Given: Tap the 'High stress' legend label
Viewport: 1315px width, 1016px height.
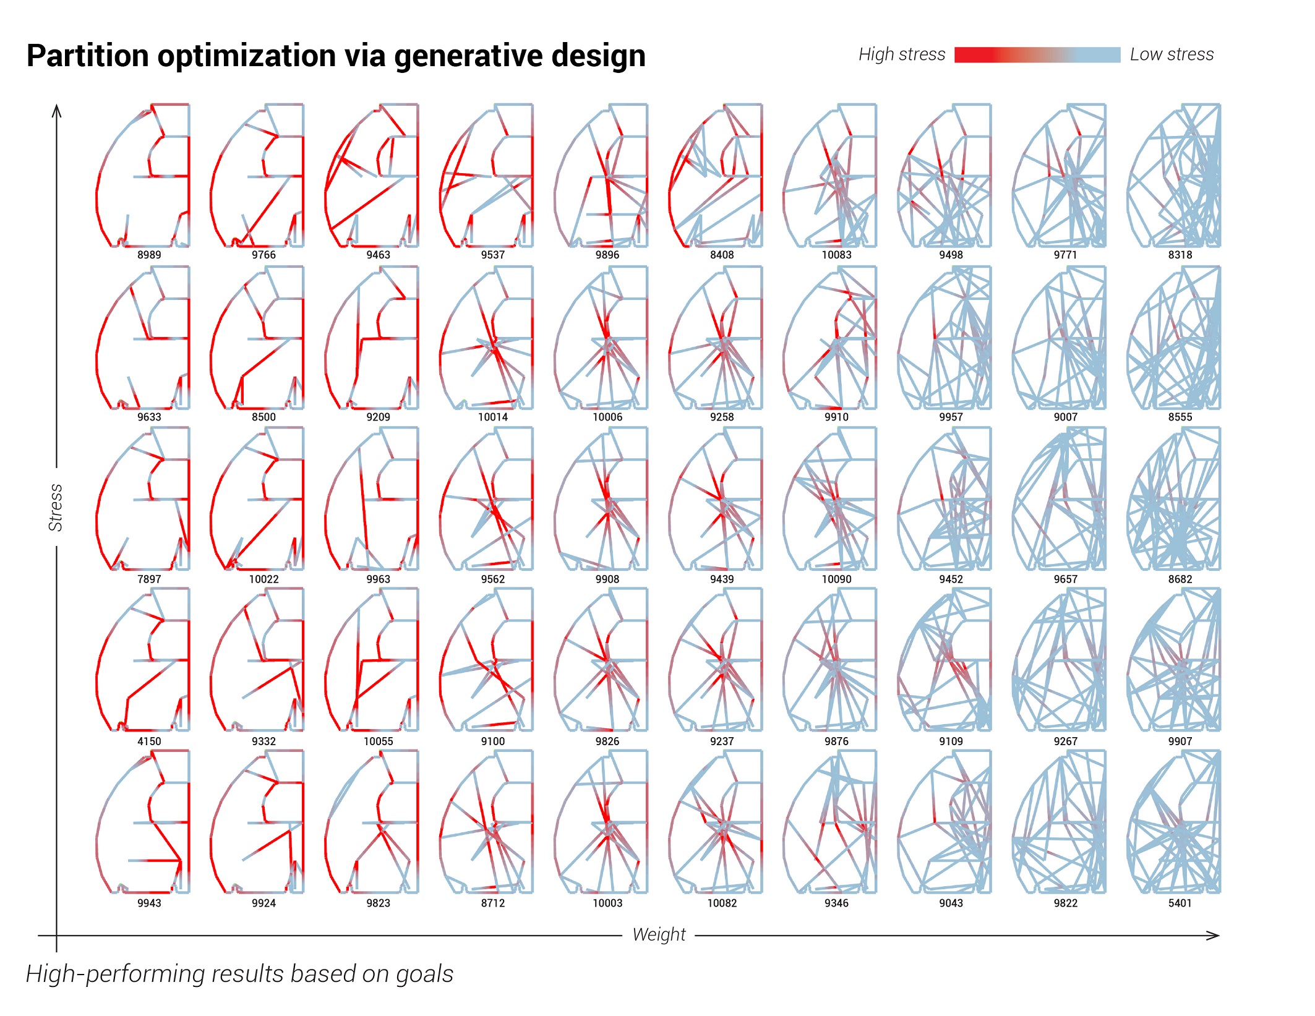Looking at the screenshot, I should click(x=901, y=54).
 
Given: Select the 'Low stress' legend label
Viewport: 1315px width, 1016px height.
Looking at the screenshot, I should click(x=1171, y=54).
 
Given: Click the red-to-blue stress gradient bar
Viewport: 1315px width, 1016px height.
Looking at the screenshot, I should click(x=1037, y=54).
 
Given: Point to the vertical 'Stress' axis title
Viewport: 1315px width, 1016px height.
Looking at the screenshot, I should click(x=56, y=507).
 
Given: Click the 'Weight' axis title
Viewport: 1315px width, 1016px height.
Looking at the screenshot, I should click(x=658, y=934).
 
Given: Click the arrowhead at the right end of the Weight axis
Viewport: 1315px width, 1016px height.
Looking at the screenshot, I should click(x=1214, y=936).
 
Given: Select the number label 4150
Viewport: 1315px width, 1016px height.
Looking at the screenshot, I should click(x=149, y=741).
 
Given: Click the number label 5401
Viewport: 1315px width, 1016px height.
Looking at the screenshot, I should click(x=1180, y=903).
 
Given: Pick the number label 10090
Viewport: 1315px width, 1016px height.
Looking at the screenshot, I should click(x=836, y=579).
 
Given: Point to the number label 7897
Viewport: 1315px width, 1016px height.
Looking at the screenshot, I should click(x=149, y=579).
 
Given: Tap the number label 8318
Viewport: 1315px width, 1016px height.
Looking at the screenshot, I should click(x=1180, y=254).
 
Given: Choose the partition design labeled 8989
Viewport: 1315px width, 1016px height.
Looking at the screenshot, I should click(x=143, y=176).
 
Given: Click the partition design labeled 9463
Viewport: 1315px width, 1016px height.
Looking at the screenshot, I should click(x=372, y=176).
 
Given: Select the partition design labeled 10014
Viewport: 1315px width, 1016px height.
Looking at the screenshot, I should click(x=487, y=338).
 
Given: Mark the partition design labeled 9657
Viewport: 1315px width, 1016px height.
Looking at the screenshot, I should click(x=1060, y=499).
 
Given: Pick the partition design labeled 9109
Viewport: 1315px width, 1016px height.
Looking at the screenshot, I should click(x=945, y=660).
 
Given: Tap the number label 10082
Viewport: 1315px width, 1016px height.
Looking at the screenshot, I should click(x=722, y=903).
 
